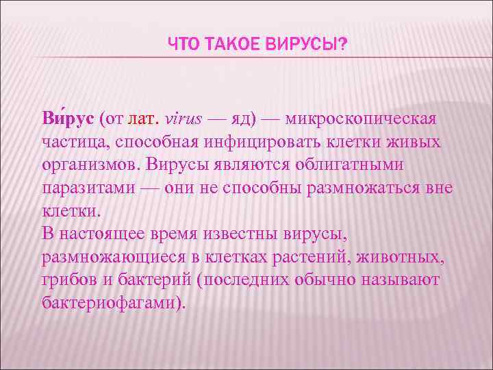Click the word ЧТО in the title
tap(182, 45)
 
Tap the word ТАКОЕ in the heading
tap(226, 45)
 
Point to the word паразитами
tap(84, 188)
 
